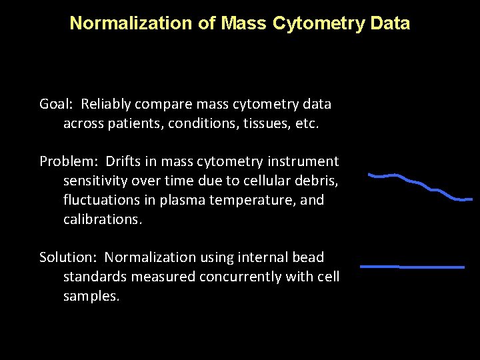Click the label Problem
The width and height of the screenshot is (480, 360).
[63, 162]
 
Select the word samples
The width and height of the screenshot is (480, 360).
[91, 296]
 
